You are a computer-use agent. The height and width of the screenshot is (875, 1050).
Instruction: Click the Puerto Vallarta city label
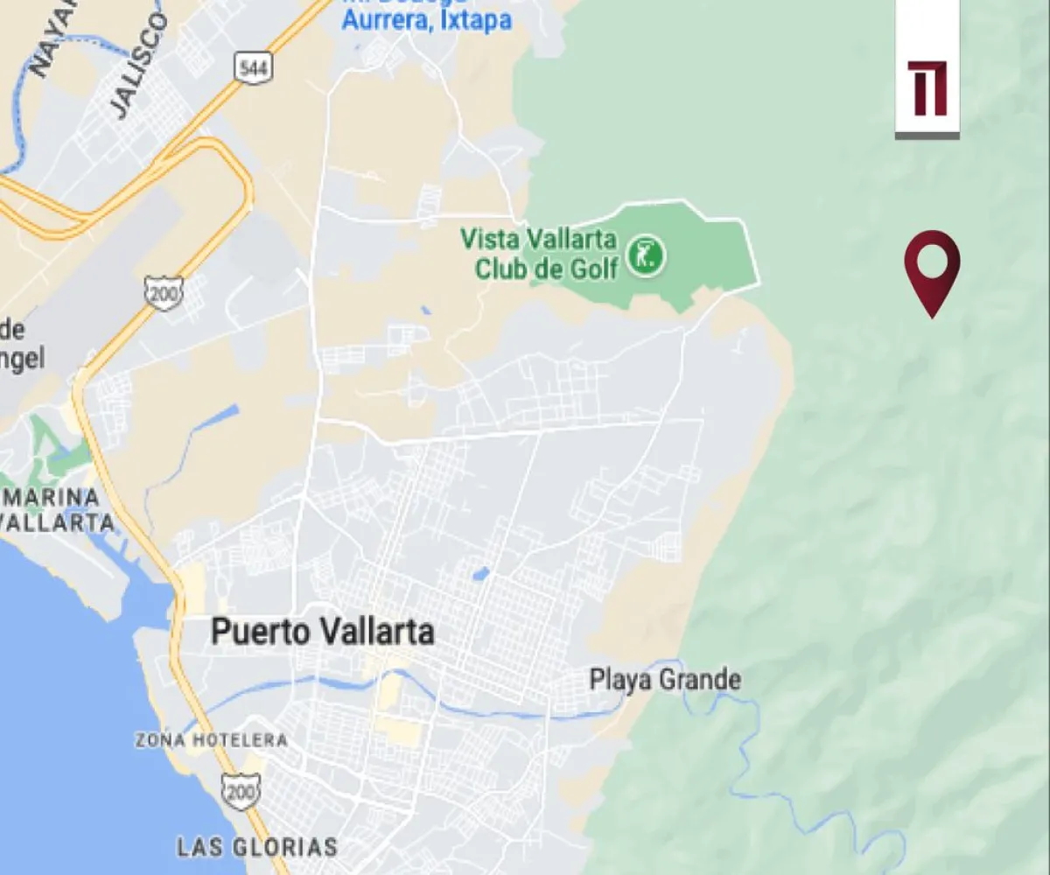[x=323, y=632]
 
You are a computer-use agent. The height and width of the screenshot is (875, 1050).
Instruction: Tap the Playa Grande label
[x=665, y=679]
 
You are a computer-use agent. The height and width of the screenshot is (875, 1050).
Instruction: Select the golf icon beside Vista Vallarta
[x=648, y=255]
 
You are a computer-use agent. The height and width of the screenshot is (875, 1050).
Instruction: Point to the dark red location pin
[x=932, y=268]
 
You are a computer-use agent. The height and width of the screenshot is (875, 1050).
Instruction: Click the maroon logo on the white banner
[x=927, y=88]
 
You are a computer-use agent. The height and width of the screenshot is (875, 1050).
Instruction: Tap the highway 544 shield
[x=252, y=69]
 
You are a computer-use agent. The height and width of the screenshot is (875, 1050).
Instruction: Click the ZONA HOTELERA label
[x=211, y=740]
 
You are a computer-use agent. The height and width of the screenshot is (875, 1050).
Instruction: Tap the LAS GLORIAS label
[x=257, y=847]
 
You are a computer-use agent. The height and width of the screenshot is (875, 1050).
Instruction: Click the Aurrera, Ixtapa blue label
[x=426, y=19]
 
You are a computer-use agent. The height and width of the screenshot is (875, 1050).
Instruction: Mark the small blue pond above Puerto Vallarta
[x=479, y=575]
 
